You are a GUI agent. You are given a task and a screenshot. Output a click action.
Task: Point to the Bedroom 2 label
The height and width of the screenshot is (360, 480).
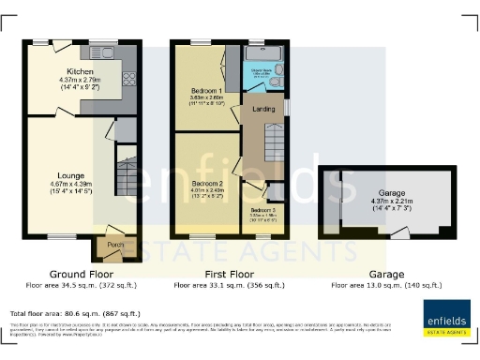tap(206, 183)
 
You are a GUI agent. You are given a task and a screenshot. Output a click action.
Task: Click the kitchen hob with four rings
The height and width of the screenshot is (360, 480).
tap(128, 80)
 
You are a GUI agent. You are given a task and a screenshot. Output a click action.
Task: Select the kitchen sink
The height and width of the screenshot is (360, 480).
tap(103, 51)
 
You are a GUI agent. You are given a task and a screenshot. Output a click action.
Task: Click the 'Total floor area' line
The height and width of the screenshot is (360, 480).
tap(75, 313)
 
